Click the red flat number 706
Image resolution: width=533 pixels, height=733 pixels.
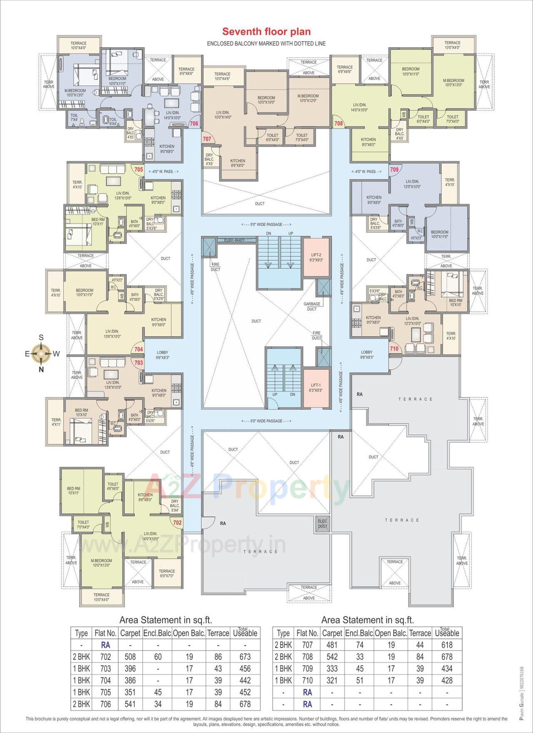pos(194,123)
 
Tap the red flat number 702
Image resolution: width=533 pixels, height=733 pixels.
pos(177,522)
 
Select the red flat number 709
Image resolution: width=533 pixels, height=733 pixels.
pos(394,170)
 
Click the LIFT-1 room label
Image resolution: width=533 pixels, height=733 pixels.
pos(316,387)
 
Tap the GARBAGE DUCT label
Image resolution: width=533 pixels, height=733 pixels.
pos(312,306)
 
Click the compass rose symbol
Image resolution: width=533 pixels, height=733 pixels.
pos(41,353)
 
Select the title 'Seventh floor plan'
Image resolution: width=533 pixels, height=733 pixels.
pos(266,32)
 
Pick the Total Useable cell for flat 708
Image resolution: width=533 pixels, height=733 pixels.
pos(447,657)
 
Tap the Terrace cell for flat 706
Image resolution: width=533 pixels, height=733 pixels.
pos(218,704)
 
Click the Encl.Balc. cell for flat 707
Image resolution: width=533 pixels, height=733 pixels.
pos(360,645)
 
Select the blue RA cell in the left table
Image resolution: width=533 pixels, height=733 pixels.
pos(105,645)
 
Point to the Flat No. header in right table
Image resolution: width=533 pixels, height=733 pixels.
pos(307,633)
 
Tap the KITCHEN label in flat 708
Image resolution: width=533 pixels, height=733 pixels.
pos(368,142)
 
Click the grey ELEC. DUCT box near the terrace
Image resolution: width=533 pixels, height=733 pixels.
pos(322,524)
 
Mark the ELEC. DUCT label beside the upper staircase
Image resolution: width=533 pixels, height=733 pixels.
pos(234,240)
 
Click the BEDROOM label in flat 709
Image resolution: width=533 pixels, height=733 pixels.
pos(440,234)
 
